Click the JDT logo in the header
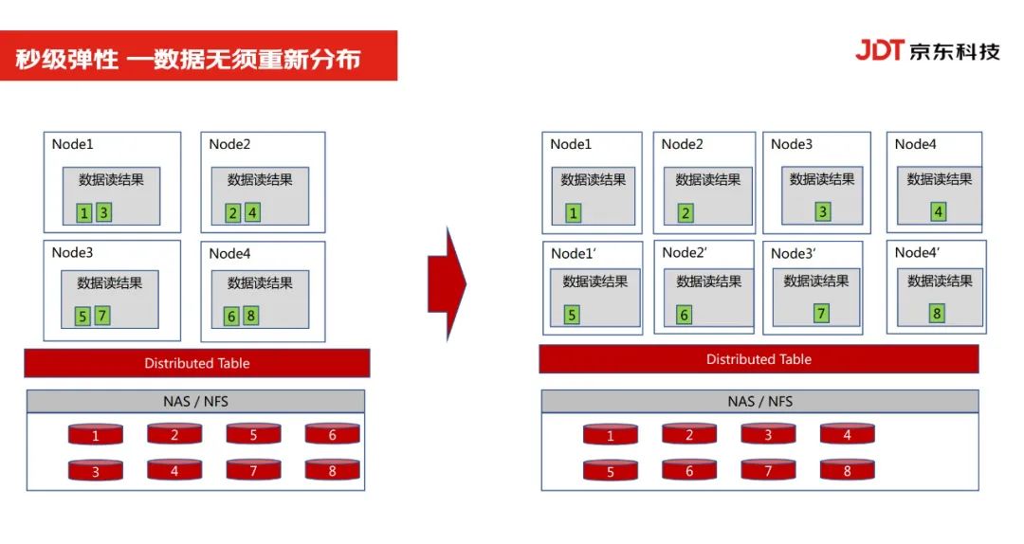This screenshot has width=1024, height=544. click(879, 50)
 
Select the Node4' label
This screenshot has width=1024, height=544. click(917, 252)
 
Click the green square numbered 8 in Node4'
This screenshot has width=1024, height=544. click(937, 314)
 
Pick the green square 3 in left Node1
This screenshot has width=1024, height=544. click(103, 212)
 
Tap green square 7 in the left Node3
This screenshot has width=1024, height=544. click(102, 316)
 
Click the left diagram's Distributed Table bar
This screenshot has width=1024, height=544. click(197, 363)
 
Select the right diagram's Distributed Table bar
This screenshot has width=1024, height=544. click(759, 359)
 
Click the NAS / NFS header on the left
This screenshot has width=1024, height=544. click(195, 401)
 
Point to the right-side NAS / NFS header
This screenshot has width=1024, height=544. click(759, 401)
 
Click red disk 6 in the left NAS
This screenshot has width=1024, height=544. click(332, 435)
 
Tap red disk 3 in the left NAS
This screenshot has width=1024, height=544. click(96, 471)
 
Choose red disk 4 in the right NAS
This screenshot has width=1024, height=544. click(847, 435)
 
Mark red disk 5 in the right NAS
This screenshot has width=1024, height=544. click(610, 471)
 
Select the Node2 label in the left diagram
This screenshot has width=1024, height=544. click(229, 144)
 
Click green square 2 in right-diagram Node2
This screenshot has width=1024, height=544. click(686, 213)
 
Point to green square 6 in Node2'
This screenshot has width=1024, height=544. click(685, 315)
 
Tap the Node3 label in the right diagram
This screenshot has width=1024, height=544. click(791, 144)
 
